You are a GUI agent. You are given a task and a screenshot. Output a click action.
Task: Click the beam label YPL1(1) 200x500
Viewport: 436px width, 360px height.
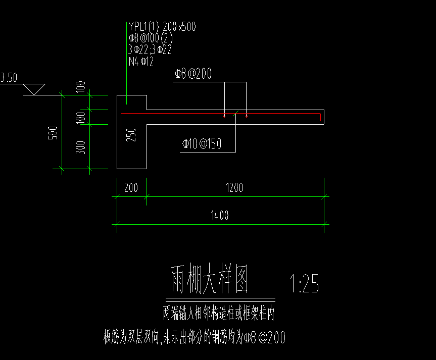click(162, 26)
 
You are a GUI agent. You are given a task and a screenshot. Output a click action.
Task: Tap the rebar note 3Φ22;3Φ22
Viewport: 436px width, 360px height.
click(150, 49)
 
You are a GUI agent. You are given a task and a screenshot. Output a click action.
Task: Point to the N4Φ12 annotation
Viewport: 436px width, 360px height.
click(141, 62)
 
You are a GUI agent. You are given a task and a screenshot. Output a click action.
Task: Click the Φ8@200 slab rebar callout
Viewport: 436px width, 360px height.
click(192, 74)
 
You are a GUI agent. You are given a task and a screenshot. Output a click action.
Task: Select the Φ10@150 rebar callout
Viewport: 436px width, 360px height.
click(202, 144)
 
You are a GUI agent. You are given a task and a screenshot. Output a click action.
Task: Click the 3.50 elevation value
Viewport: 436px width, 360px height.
click(9, 78)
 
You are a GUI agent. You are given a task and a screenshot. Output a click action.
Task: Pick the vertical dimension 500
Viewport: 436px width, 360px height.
click(55, 132)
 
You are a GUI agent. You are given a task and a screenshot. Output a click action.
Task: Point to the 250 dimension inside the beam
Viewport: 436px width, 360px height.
click(131, 135)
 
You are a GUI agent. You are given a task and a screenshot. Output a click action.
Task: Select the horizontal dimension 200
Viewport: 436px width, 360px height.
click(131, 188)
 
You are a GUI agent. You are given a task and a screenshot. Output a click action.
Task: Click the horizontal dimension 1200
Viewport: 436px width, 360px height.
click(234, 188)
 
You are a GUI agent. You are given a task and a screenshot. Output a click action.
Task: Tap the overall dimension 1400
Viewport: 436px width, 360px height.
click(220, 216)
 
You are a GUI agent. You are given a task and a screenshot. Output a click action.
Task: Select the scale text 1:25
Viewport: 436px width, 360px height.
click(304, 284)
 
